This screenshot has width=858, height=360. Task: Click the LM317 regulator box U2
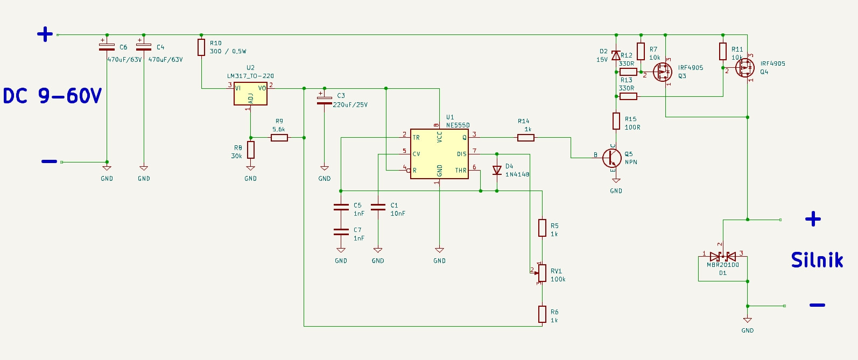250,94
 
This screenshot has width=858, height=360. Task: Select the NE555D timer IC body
439,154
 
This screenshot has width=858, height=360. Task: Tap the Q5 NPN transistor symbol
612,158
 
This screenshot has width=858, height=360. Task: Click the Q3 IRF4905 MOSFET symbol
663,72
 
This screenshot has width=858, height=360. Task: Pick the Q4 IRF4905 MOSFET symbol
744,68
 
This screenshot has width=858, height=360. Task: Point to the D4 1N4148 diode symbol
497,170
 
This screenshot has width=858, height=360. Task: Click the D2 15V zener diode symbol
616,56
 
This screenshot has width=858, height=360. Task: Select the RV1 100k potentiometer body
542,273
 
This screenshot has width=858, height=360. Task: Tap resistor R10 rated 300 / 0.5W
201,47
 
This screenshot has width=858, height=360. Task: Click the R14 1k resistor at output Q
525,138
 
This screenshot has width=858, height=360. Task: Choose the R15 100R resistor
616,121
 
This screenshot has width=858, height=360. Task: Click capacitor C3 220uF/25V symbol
324,100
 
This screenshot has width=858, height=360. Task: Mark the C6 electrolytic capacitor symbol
107,47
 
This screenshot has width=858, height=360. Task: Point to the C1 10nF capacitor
378,207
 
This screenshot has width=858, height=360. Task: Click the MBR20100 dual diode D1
723,257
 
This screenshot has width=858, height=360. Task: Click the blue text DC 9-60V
52,96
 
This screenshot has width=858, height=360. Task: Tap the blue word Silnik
817,260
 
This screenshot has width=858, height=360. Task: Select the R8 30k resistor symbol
250,150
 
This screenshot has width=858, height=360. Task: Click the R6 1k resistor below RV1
542,314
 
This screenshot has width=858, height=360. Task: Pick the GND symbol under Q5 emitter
616,182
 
